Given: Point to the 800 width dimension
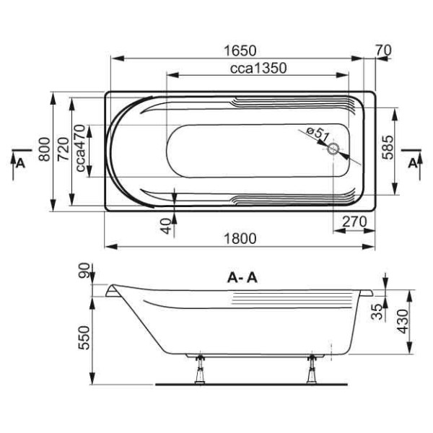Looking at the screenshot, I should pos(45,151).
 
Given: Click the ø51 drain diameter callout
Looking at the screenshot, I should pos(318,132).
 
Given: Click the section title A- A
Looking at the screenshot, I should pos(242,277).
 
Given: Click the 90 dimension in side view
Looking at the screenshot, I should pos(84,271).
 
